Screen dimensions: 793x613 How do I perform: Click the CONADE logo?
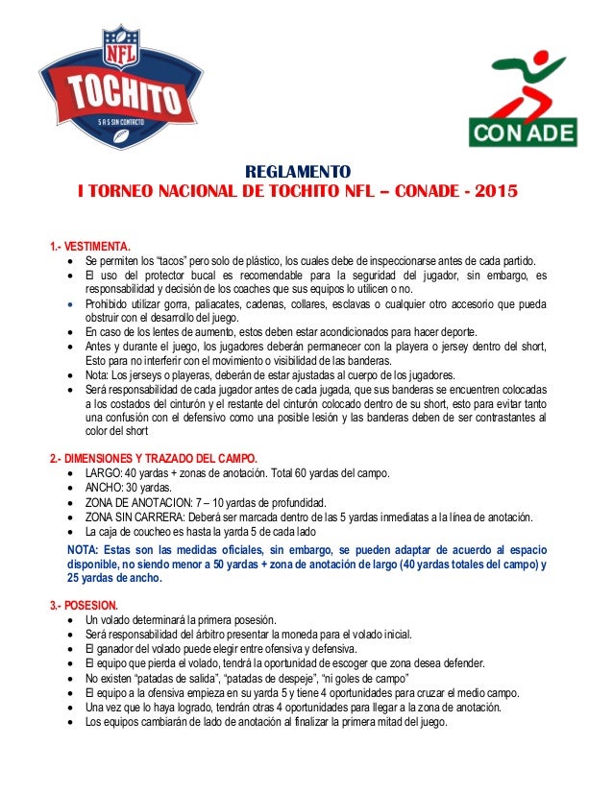click(521, 99)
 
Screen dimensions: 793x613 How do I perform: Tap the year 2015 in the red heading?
click(495, 191)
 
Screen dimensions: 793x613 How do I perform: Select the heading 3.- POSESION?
click(85, 606)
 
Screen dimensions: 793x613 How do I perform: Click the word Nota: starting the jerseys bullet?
click(97, 374)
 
